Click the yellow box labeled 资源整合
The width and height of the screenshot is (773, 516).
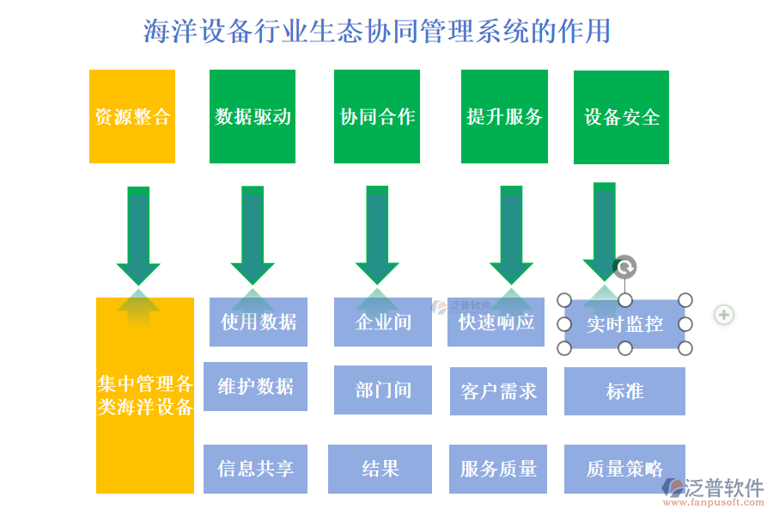point(132,117)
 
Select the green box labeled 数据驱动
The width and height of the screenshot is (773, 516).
point(253,117)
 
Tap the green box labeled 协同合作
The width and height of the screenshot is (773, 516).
point(377,117)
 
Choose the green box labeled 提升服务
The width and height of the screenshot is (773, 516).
point(504,117)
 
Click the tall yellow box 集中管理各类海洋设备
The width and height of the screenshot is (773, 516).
point(145,396)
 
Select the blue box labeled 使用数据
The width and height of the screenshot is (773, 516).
point(259,322)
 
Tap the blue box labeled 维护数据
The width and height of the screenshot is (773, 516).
point(255,386)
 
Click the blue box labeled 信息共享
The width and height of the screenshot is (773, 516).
point(255,469)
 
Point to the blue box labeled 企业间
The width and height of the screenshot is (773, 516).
point(383,322)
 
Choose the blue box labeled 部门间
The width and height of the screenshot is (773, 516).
point(383,390)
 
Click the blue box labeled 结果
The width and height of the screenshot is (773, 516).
point(380,469)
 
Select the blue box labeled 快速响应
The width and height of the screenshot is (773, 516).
point(496,322)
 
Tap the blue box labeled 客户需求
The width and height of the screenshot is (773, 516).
point(498,391)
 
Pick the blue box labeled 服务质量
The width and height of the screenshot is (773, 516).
point(498,469)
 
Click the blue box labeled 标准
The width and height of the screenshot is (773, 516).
point(624,391)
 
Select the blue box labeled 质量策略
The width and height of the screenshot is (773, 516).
point(624,469)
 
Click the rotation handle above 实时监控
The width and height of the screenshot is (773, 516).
point(625,267)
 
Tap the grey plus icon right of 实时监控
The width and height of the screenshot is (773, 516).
point(724,315)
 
